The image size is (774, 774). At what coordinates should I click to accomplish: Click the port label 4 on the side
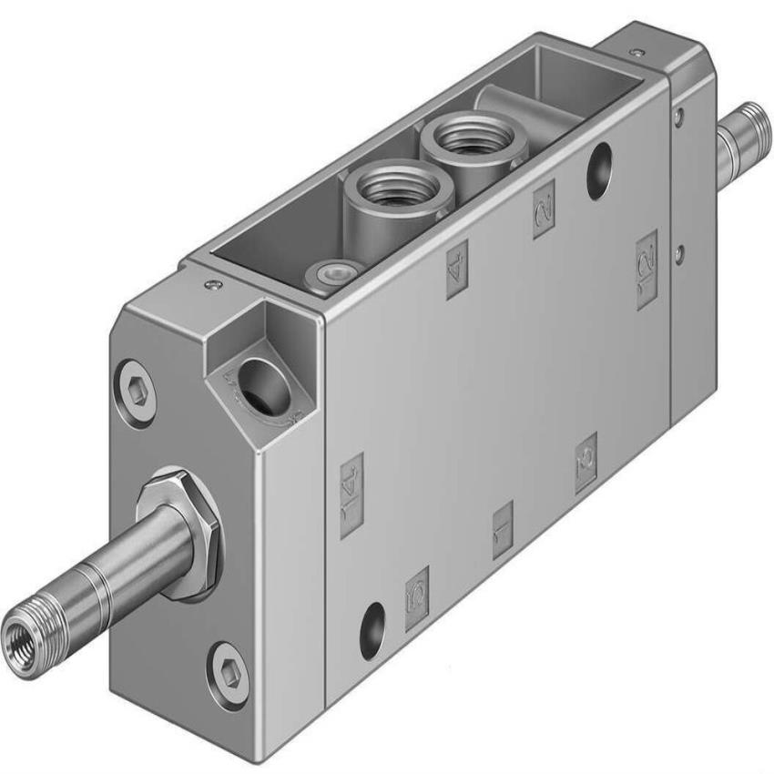click(x=457, y=270)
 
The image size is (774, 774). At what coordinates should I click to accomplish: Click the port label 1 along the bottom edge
click(x=502, y=529)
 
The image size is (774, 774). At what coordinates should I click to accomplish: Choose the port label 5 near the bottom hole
click(x=417, y=597)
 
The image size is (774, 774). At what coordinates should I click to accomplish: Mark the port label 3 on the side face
click(x=586, y=463)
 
